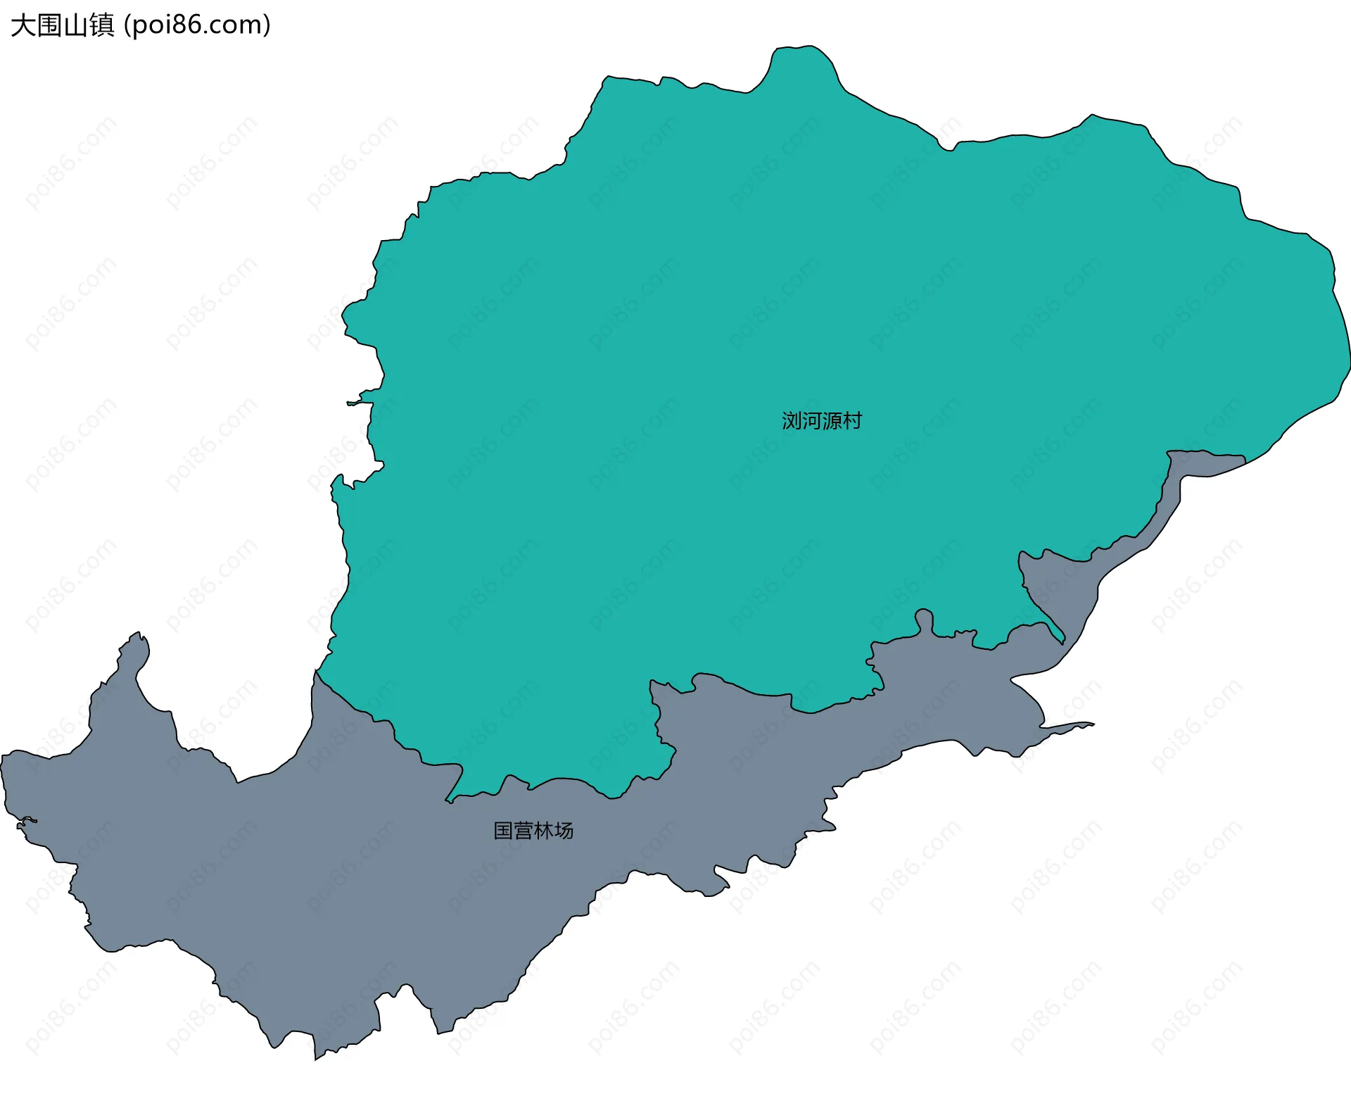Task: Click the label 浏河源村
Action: pyautogui.click(x=821, y=421)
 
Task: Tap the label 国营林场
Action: pyautogui.click(x=533, y=831)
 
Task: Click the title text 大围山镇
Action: pyautogui.click(x=63, y=25)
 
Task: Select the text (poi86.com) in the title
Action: pyautogui.click(x=197, y=25)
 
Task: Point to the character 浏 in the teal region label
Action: pyautogui.click(x=792, y=421)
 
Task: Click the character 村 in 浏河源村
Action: pyautogui.click(x=852, y=421)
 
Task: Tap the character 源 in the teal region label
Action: pyautogui.click(x=832, y=421)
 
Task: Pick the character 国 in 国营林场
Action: pyautogui.click(x=503, y=831)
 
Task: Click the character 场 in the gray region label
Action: pyautogui.click(x=564, y=831)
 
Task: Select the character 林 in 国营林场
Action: pyautogui.click(x=543, y=831)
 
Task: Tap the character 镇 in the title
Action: pyautogui.click(x=102, y=25)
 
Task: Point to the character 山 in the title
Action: pyautogui.click(x=76, y=25)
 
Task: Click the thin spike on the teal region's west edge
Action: pyautogui.click(x=352, y=403)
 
